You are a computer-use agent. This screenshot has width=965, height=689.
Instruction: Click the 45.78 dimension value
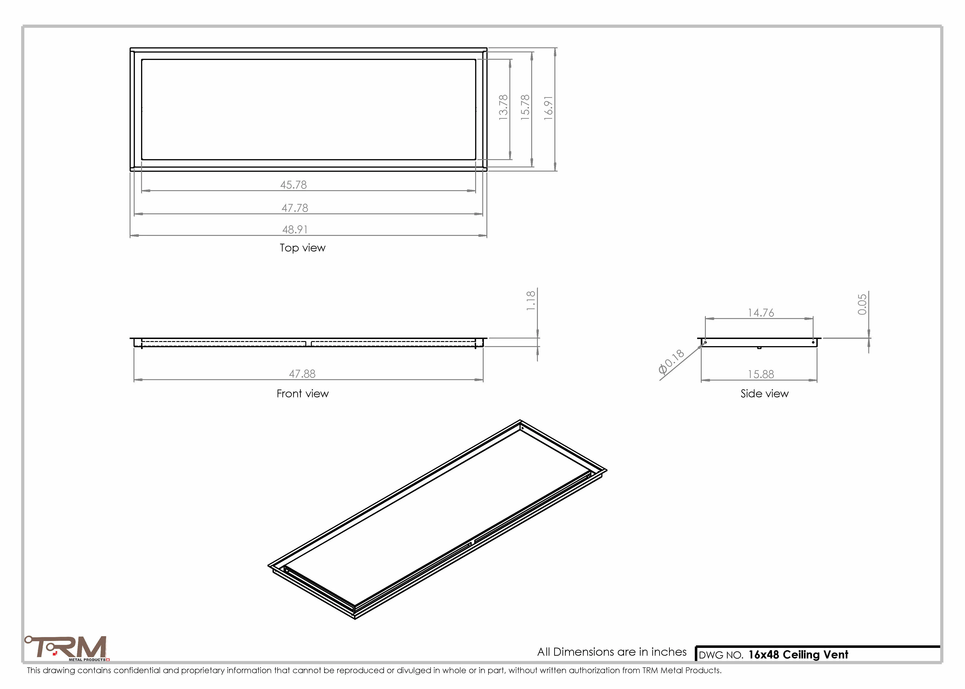[293, 185]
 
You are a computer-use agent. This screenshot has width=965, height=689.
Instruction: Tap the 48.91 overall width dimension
[295, 229]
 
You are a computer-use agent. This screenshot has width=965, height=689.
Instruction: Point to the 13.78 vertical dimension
[503, 107]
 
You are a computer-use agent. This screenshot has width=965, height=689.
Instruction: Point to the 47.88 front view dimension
[302, 374]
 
